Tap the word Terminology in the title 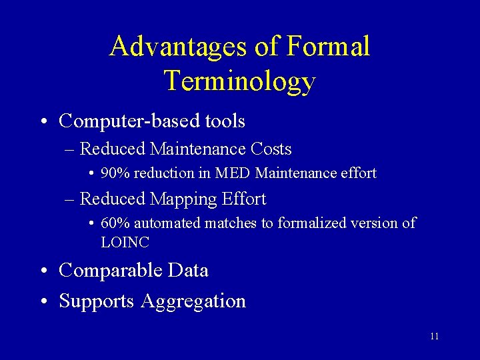(x=239, y=81)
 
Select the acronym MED (x=233, y=173)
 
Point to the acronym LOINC (x=125, y=242)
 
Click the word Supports (x=97, y=301)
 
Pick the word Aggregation (x=193, y=301)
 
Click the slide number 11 (x=434, y=336)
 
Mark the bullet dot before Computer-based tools (x=43, y=123)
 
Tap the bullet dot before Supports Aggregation (x=43, y=302)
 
